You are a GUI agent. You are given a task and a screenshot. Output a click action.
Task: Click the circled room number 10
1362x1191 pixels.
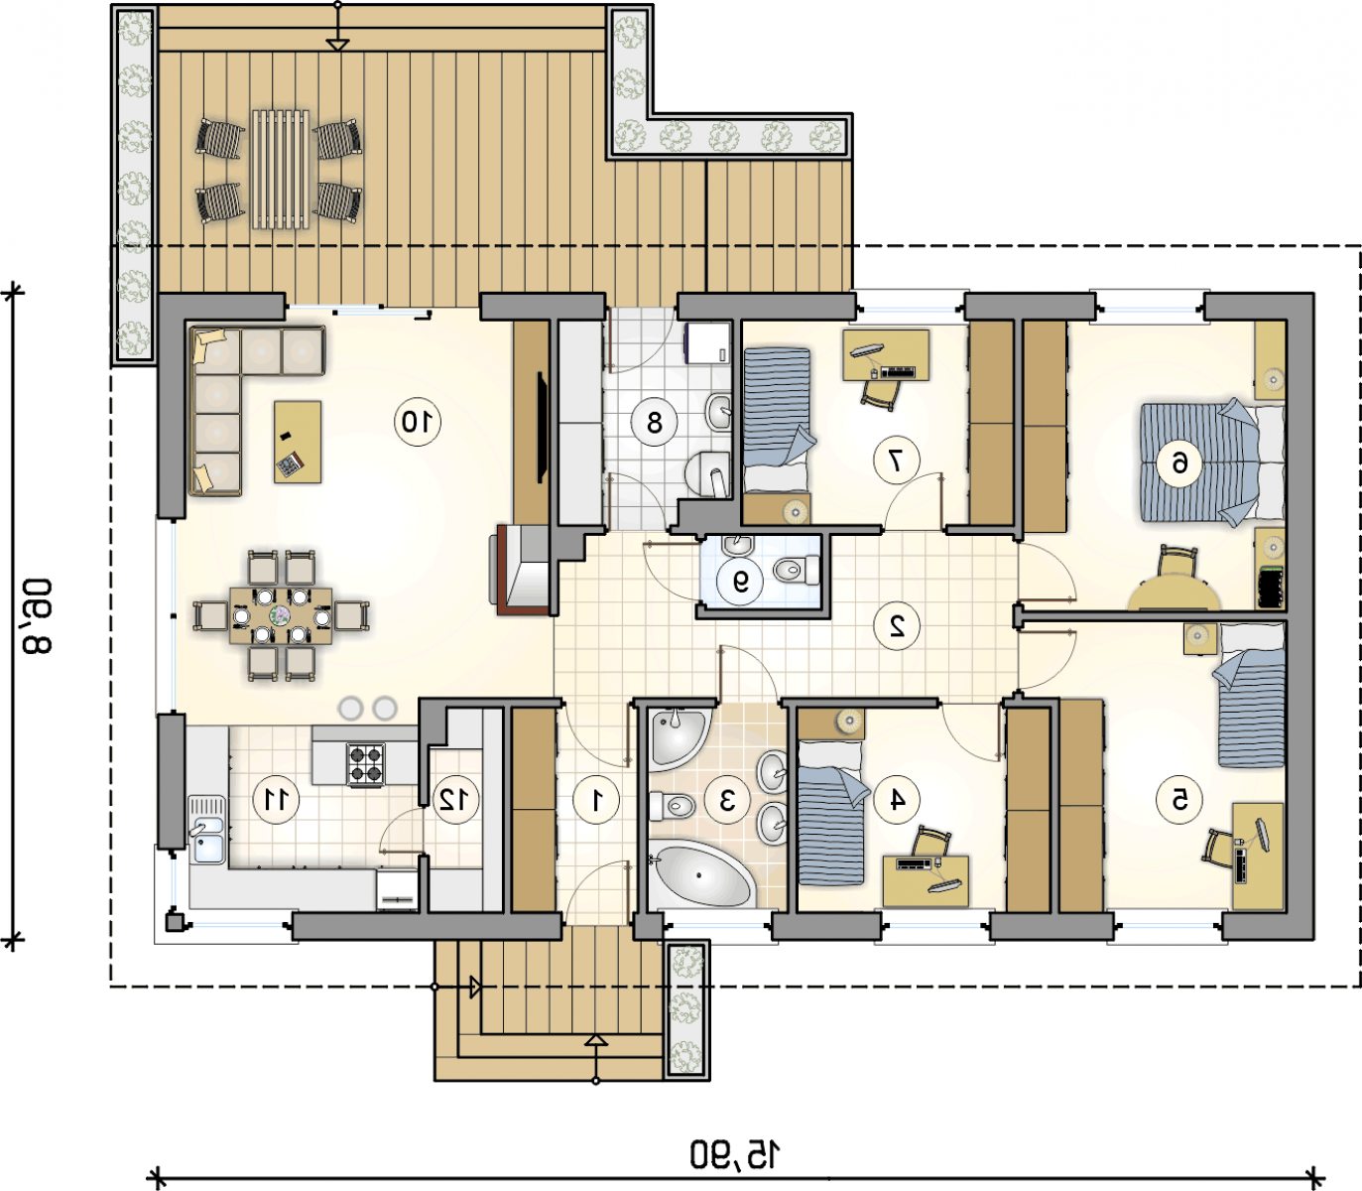click(x=418, y=422)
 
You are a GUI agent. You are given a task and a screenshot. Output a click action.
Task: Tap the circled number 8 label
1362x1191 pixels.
click(x=654, y=423)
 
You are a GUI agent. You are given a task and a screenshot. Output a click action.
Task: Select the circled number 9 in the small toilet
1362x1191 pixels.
click(x=740, y=583)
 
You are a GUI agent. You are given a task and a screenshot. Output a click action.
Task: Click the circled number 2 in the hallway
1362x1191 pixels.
click(x=897, y=625)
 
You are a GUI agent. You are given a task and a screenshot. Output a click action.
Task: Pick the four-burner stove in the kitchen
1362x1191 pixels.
click(x=365, y=764)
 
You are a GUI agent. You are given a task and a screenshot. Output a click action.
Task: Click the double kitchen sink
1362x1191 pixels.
click(x=207, y=830)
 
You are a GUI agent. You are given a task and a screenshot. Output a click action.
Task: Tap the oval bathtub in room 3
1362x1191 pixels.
click(x=701, y=875)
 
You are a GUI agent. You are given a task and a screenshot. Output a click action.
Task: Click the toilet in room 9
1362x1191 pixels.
click(x=797, y=570)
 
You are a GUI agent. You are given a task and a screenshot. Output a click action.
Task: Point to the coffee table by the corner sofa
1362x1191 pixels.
click(x=298, y=442)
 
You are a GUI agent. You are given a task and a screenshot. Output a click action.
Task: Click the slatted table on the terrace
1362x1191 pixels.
click(x=281, y=170)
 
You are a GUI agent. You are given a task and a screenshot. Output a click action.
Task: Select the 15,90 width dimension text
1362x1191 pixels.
click(x=734, y=1154)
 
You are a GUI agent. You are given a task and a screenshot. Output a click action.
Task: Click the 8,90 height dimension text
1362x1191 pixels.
click(x=38, y=615)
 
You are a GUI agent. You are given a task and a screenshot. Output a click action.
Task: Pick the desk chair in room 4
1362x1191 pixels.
click(x=931, y=841)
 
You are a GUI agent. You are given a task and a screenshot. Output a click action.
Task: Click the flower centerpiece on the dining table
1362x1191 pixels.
click(x=281, y=614)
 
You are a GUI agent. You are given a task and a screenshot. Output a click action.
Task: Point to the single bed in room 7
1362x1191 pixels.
click(x=777, y=437)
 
